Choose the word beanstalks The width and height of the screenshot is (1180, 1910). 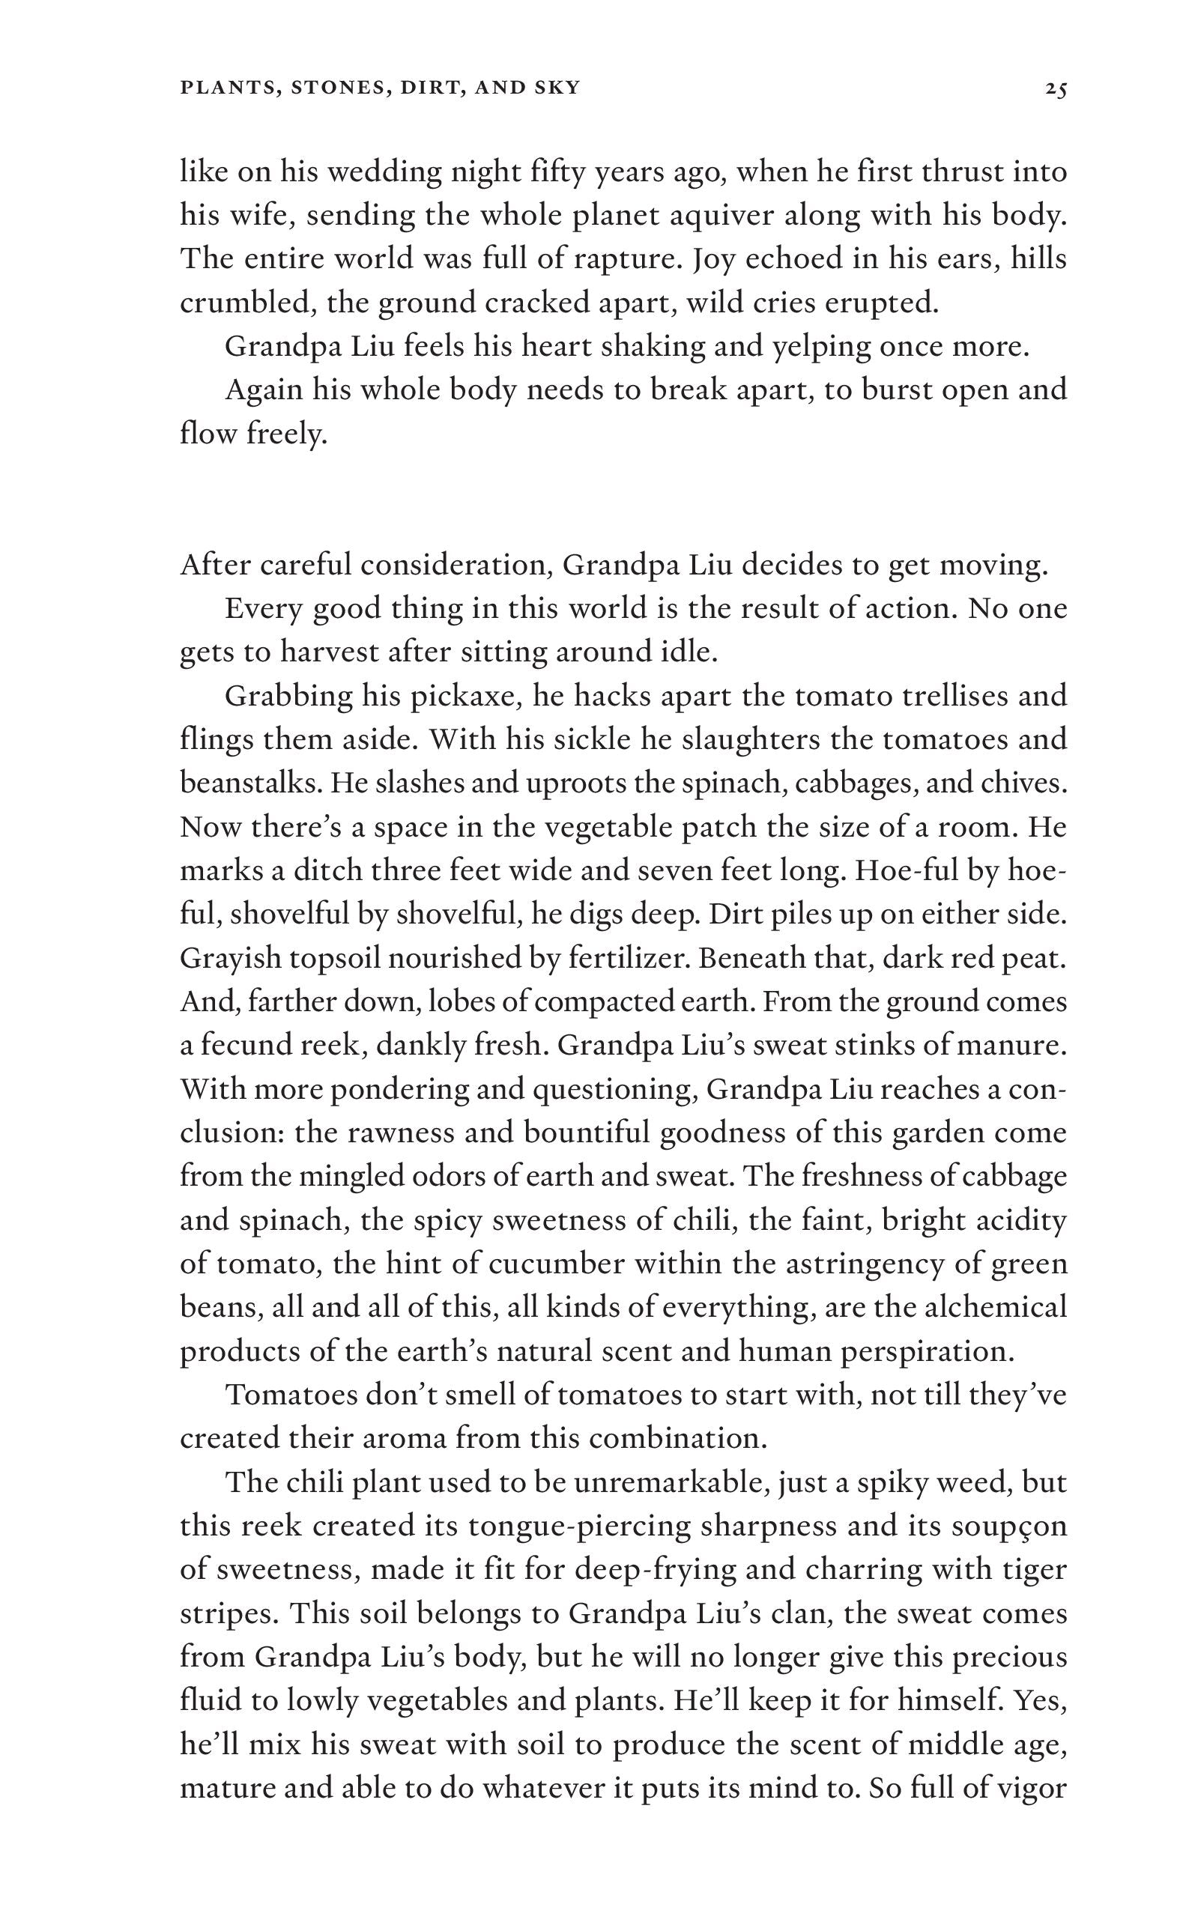pos(249,783)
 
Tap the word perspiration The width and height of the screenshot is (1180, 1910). pos(928,1351)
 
